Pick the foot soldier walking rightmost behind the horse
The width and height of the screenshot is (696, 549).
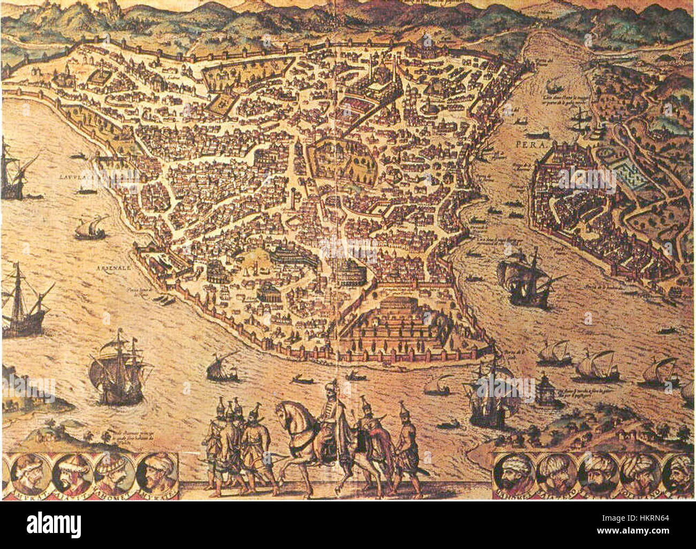[407, 447]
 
